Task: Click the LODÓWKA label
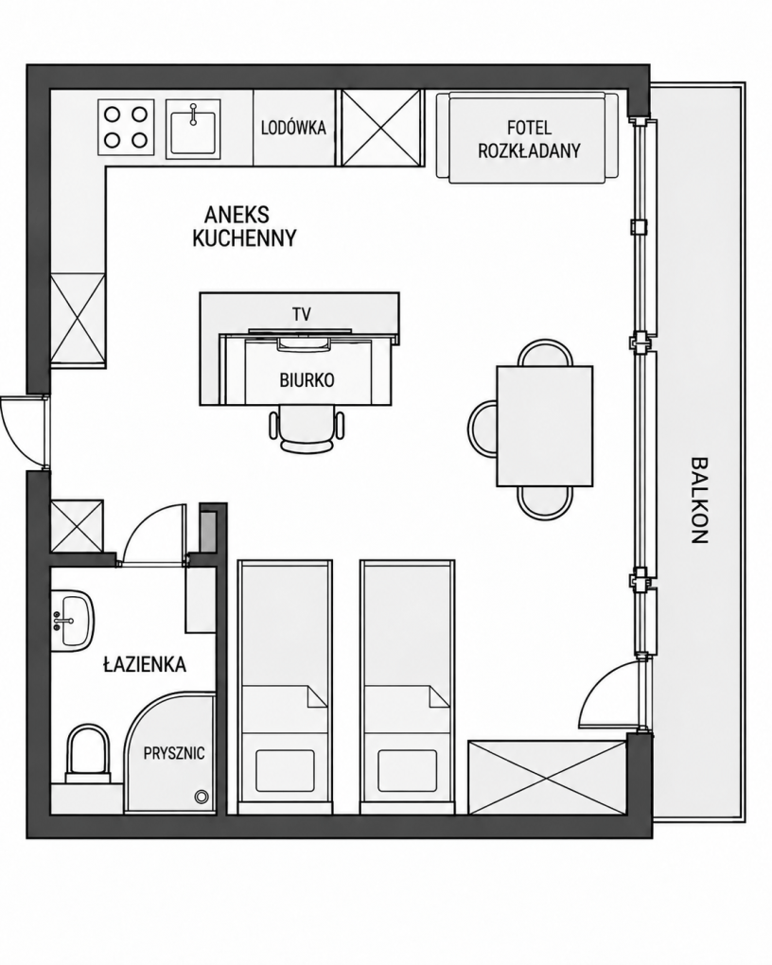tap(293, 128)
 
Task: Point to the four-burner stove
tap(126, 128)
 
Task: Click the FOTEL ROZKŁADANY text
tap(529, 139)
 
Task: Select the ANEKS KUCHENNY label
tap(244, 226)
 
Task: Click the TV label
tap(302, 314)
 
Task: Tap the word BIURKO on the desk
tap(307, 380)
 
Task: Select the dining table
tap(545, 426)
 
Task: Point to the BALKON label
tap(698, 500)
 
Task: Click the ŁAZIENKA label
tap(145, 665)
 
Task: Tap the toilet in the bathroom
tap(87, 755)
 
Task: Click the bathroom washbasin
tap(72, 621)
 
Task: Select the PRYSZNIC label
tap(174, 753)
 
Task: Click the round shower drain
tap(201, 797)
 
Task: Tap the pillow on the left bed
tap(285, 770)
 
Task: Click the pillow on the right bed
tap(408, 770)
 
